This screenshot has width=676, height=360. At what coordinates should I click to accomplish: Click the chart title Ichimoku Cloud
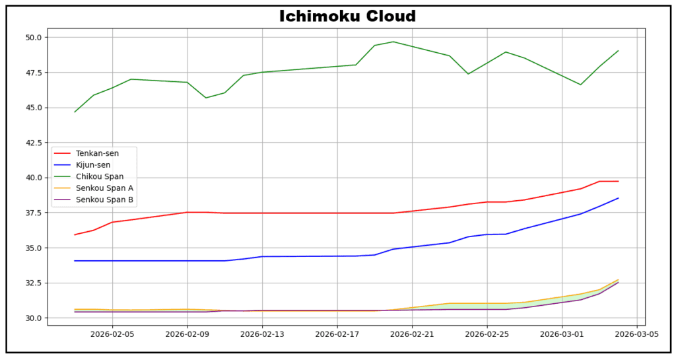tap(347, 16)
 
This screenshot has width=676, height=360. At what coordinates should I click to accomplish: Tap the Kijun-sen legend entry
tap(93, 165)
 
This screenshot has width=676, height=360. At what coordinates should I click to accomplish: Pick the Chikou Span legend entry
tap(100, 176)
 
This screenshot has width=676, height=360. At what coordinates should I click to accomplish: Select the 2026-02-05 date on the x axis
tap(113, 334)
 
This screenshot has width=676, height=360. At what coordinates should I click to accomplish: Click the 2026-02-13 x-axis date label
tap(263, 334)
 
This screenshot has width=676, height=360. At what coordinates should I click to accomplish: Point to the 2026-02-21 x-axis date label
tap(412, 334)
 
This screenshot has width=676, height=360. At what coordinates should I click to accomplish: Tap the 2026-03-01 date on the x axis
tap(562, 334)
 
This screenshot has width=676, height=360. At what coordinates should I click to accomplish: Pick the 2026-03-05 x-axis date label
tap(636, 334)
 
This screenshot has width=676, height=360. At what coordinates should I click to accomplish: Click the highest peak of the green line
tap(393, 42)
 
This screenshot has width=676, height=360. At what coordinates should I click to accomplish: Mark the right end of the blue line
tap(619, 198)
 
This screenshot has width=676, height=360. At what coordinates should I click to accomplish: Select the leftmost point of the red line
tap(75, 235)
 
